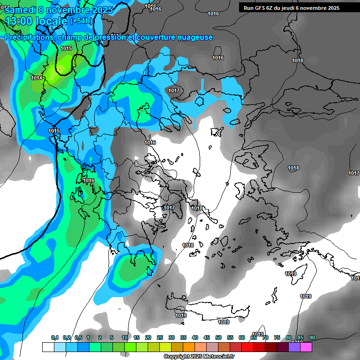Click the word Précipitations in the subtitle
tap(30, 37)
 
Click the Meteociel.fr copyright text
tap(199, 357)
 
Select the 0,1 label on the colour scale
tap(54, 337)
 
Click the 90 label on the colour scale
tap(312, 337)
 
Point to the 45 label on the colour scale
tap(207, 337)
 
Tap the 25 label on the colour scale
tap(160, 337)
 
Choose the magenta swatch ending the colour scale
tap(306, 347)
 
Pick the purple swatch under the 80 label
tap(294, 347)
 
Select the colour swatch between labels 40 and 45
tap(201, 347)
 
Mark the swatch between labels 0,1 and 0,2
tap(60, 347)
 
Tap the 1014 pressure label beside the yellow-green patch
tap(37, 78)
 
